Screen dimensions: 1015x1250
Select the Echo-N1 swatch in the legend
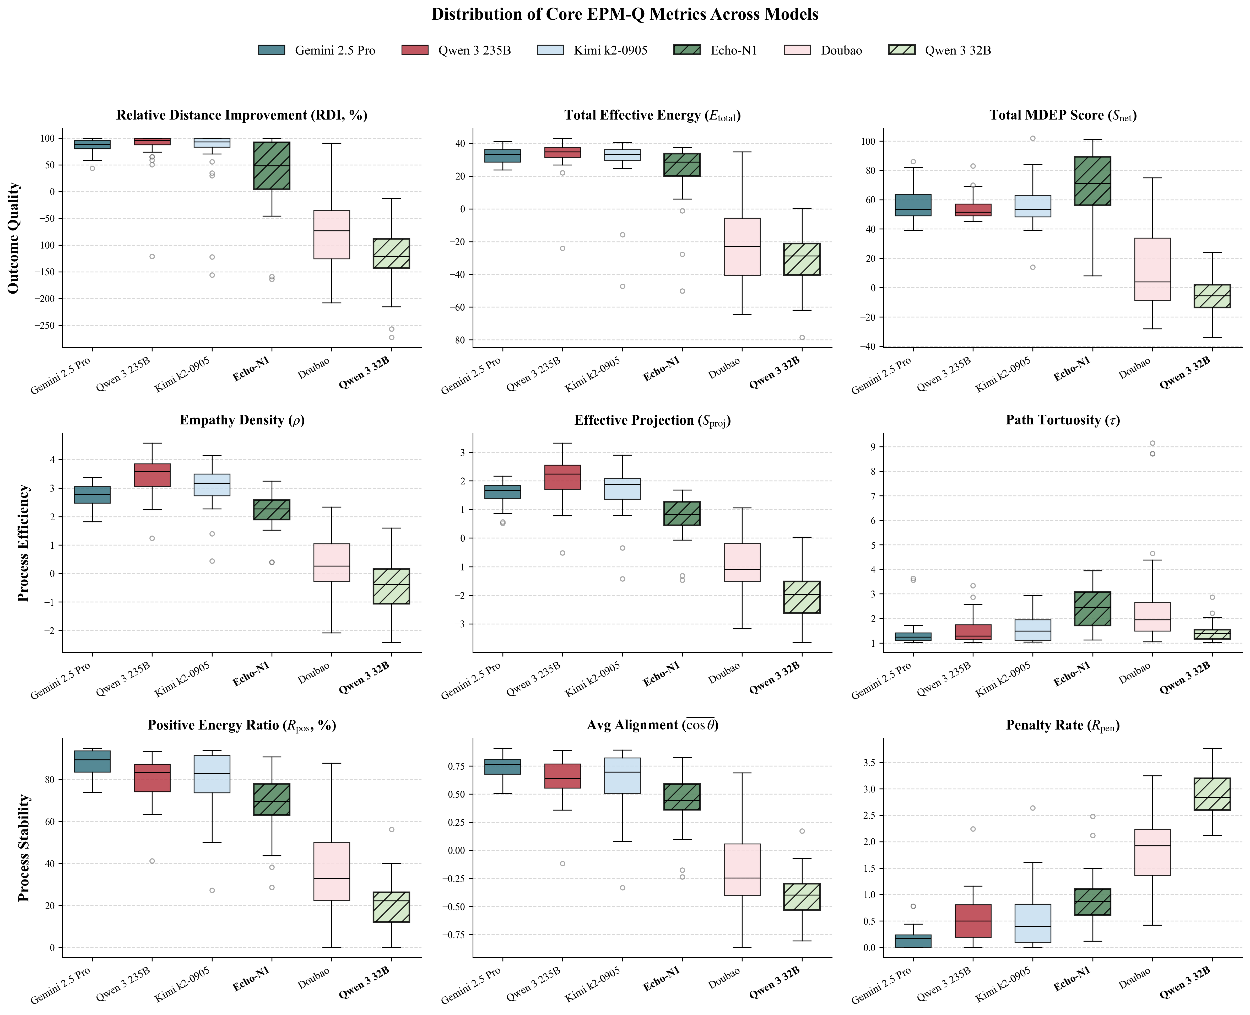pos(687,50)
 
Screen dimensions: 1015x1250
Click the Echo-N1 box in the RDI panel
pos(271,165)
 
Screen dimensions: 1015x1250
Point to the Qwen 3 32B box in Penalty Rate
pos(1212,793)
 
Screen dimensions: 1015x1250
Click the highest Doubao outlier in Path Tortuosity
pos(1152,443)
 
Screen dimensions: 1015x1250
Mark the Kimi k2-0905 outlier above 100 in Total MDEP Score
pos(1032,139)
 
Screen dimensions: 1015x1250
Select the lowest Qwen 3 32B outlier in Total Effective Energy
pos(802,337)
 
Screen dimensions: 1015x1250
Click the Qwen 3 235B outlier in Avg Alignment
pos(562,863)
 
